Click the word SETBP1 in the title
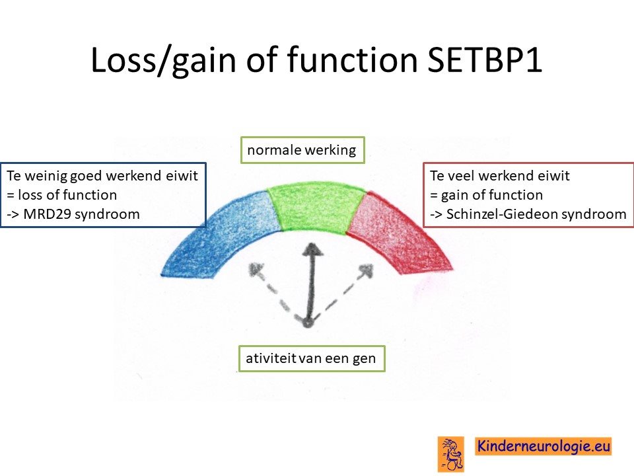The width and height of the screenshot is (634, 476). [x=484, y=59]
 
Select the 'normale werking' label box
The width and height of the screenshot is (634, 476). [x=302, y=150]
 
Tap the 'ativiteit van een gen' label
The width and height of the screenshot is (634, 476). [x=311, y=358]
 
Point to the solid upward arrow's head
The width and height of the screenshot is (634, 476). [x=312, y=249]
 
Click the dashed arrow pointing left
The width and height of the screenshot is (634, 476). [x=278, y=294]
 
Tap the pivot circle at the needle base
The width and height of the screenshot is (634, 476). [x=308, y=323]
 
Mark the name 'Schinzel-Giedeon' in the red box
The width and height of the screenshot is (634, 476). [x=502, y=214]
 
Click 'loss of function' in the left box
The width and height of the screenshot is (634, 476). [x=67, y=194]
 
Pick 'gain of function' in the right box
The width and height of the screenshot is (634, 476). [x=491, y=195]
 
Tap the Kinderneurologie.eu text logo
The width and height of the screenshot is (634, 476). [x=543, y=446]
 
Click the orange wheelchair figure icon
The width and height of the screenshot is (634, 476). [x=451, y=454]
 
